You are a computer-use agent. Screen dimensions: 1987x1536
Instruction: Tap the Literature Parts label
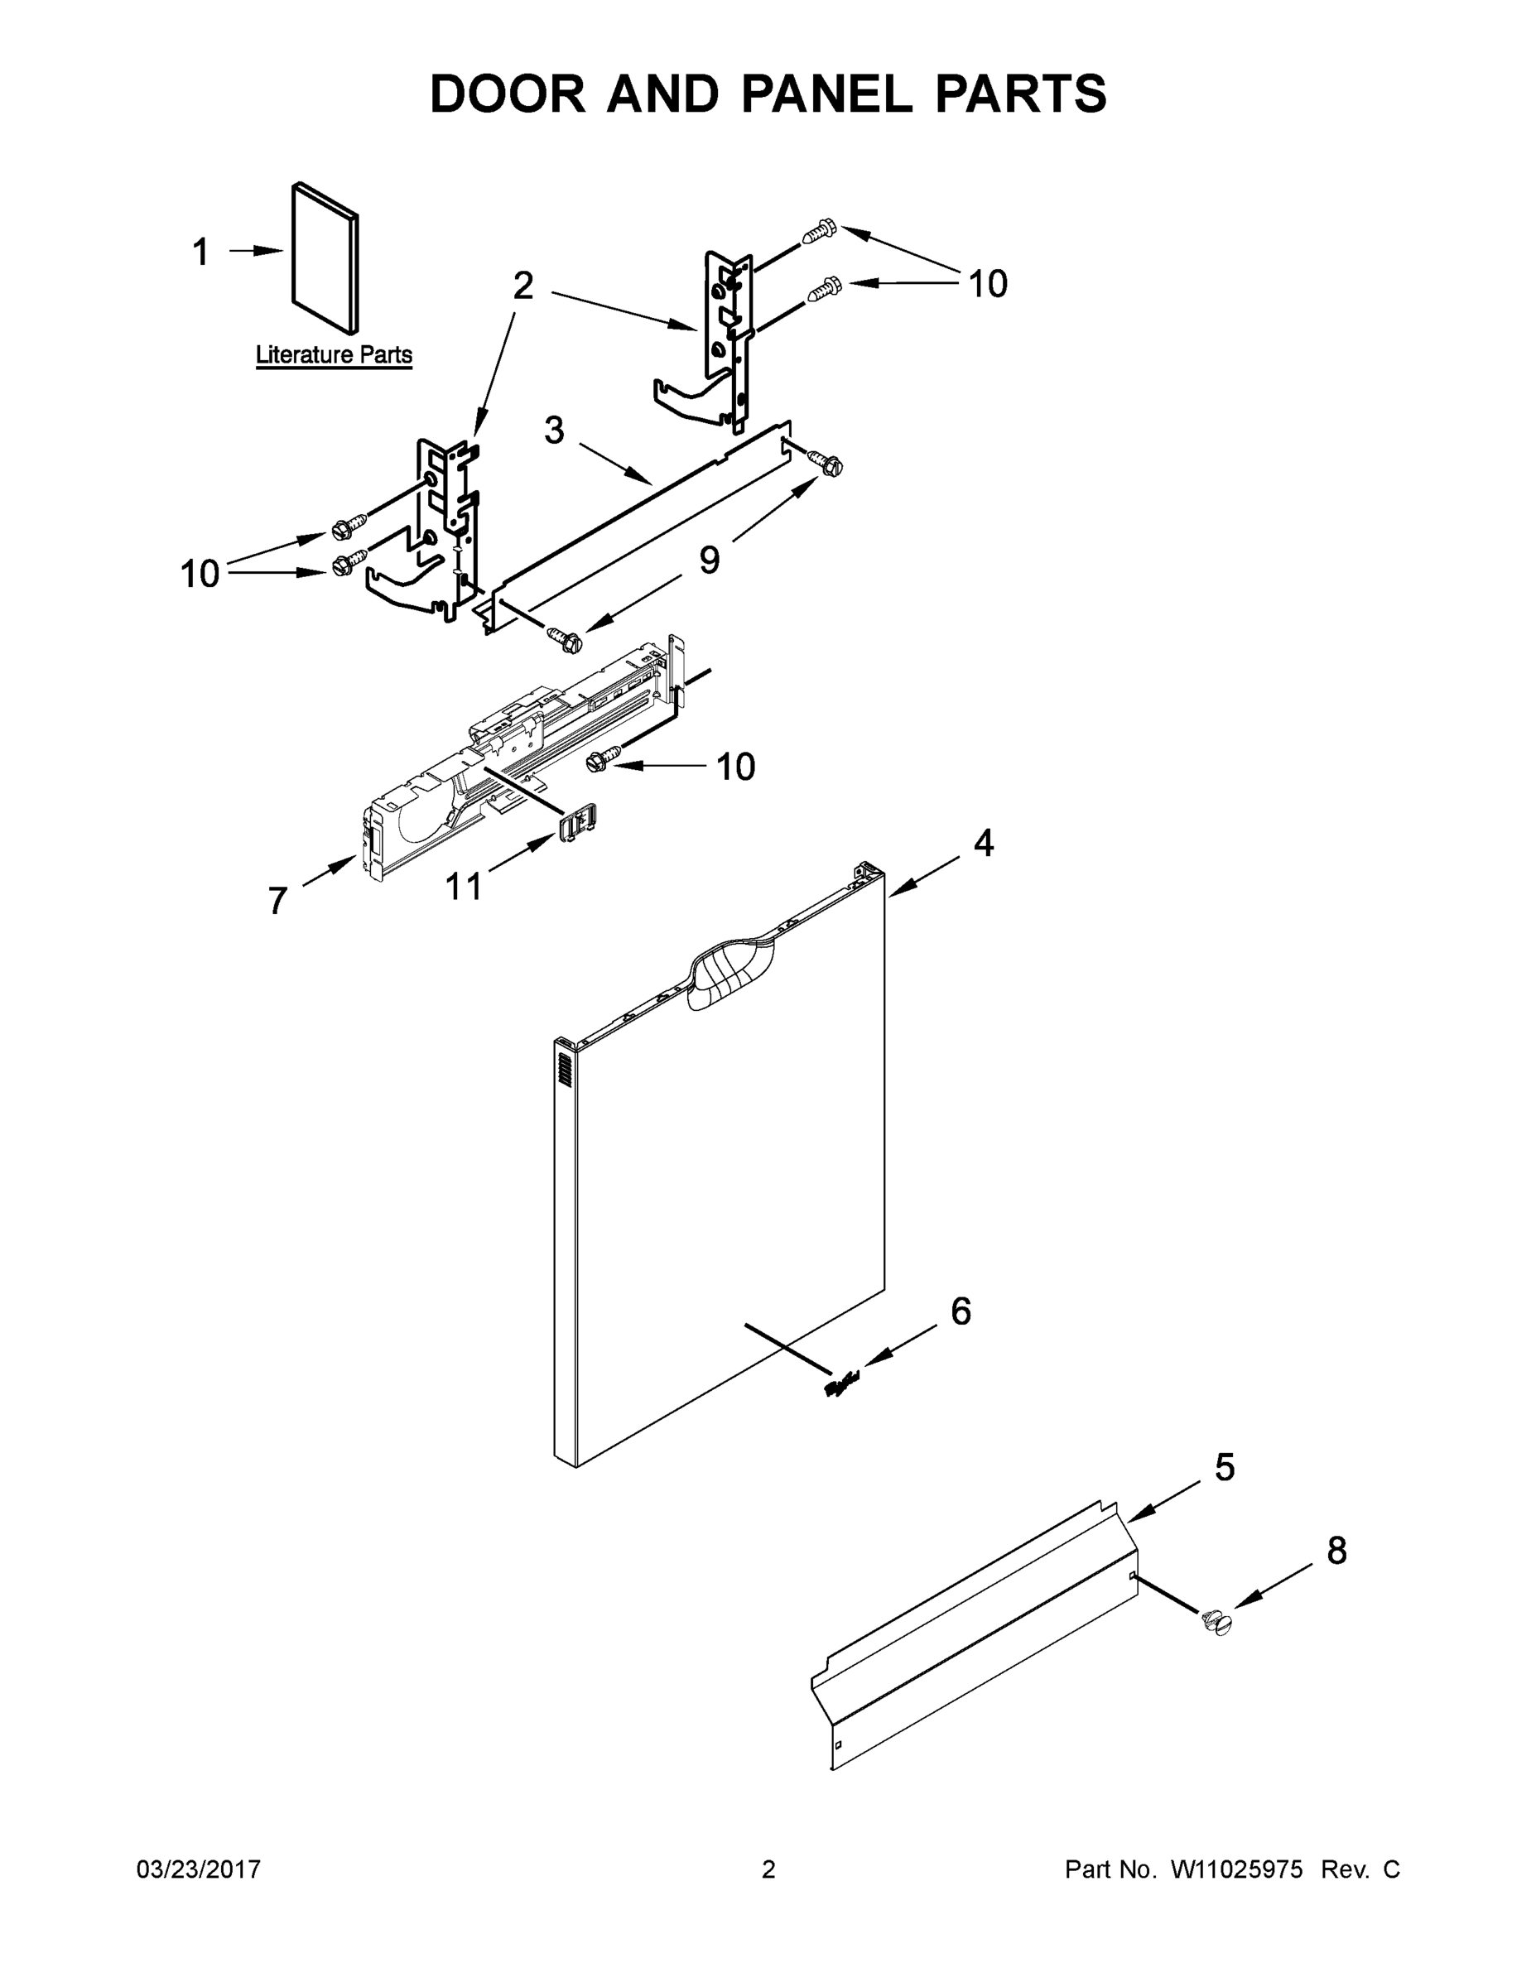click(333, 355)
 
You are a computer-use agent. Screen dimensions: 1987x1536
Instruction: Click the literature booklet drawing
click(325, 257)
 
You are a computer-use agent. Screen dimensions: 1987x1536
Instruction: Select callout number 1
click(201, 252)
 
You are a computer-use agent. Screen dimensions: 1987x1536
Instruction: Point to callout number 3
click(554, 430)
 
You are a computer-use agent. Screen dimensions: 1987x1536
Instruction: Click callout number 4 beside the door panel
click(983, 844)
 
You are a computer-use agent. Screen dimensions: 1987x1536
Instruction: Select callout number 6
click(961, 1311)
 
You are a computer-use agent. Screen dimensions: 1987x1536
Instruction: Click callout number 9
click(709, 560)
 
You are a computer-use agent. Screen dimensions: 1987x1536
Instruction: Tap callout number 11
click(463, 886)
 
